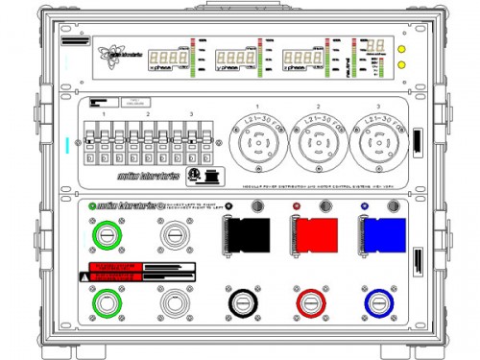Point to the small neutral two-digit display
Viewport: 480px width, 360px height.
point(375,45)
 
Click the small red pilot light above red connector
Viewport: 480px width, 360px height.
point(297,207)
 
